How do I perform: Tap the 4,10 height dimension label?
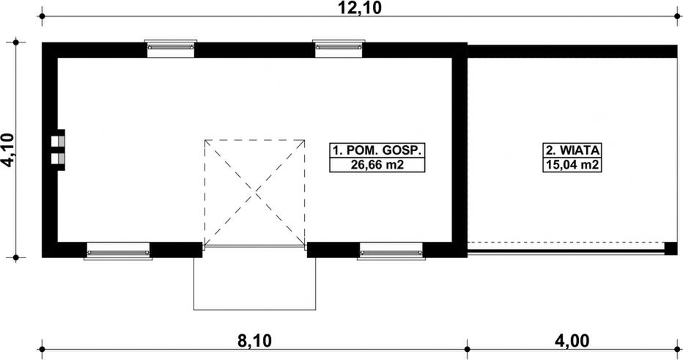click(8, 151)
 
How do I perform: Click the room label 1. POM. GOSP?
click(377, 150)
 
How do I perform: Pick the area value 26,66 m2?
click(377, 165)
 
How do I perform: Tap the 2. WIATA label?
click(573, 150)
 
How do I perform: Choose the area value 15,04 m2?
click(573, 165)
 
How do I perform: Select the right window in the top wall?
click(339, 48)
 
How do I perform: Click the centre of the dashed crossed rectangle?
click(254, 194)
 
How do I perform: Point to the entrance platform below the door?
click(254, 282)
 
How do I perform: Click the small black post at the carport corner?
click(671, 249)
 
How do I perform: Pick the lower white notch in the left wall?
click(58, 158)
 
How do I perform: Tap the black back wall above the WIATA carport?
click(572, 51)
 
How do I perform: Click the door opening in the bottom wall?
click(254, 248)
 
